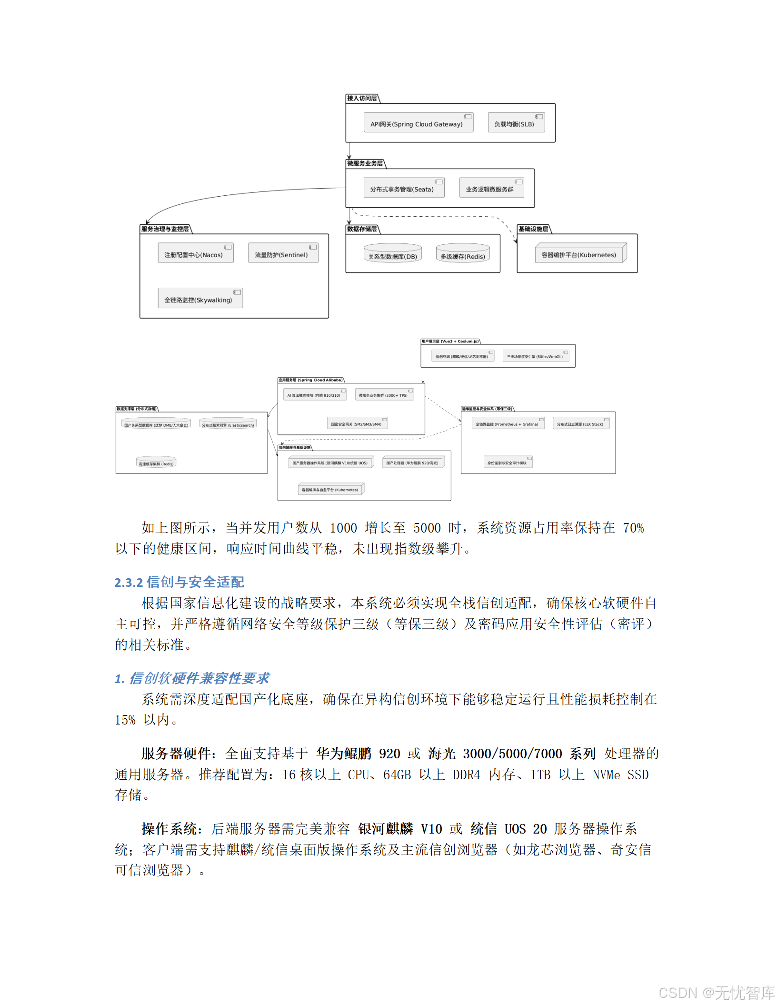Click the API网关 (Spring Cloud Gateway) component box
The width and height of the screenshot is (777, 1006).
pyautogui.click(x=418, y=123)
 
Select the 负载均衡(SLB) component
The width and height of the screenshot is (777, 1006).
pyautogui.click(x=516, y=123)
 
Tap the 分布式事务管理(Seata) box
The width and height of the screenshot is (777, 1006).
pyautogui.click(x=404, y=188)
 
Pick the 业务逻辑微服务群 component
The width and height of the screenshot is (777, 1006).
pyautogui.click(x=491, y=188)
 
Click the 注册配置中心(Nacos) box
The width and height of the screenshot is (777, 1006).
pyautogui.click(x=195, y=253)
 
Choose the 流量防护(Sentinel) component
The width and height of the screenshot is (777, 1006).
pyautogui.click(x=283, y=253)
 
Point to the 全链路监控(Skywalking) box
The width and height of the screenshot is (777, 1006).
pyautogui.click(x=200, y=299)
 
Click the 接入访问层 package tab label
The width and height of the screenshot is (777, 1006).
pyautogui.click(x=362, y=99)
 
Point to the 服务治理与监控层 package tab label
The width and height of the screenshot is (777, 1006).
pyautogui.click(x=165, y=229)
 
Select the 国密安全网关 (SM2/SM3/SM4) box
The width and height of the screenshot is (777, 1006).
pyautogui.click(x=357, y=423)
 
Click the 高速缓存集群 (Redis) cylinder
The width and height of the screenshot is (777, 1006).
pyautogui.click(x=156, y=463)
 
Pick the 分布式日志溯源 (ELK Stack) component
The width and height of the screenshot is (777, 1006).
pyautogui.click(x=581, y=423)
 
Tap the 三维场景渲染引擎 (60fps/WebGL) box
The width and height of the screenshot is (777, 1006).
pyautogui.click(x=536, y=356)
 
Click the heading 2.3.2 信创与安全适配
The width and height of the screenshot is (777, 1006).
pyautogui.click(x=179, y=582)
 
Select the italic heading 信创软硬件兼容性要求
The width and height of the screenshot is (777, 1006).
pyautogui.click(x=199, y=678)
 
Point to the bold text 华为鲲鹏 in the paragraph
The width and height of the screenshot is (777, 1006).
pyautogui.click(x=344, y=754)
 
